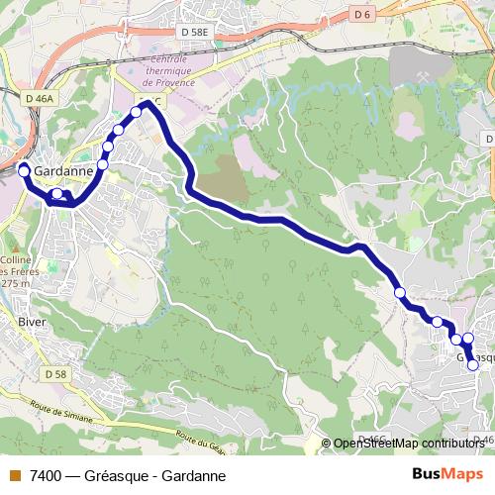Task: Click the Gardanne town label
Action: [64, 170]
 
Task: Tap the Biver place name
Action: [32, 322]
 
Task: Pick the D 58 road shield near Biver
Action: [55, 374]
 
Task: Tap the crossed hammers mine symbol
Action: [423, 76]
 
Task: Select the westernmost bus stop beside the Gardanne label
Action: [24, 171]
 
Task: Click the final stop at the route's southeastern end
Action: [473, 365]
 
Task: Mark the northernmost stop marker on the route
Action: [137, 111]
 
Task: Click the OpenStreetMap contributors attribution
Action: [410, 444]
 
